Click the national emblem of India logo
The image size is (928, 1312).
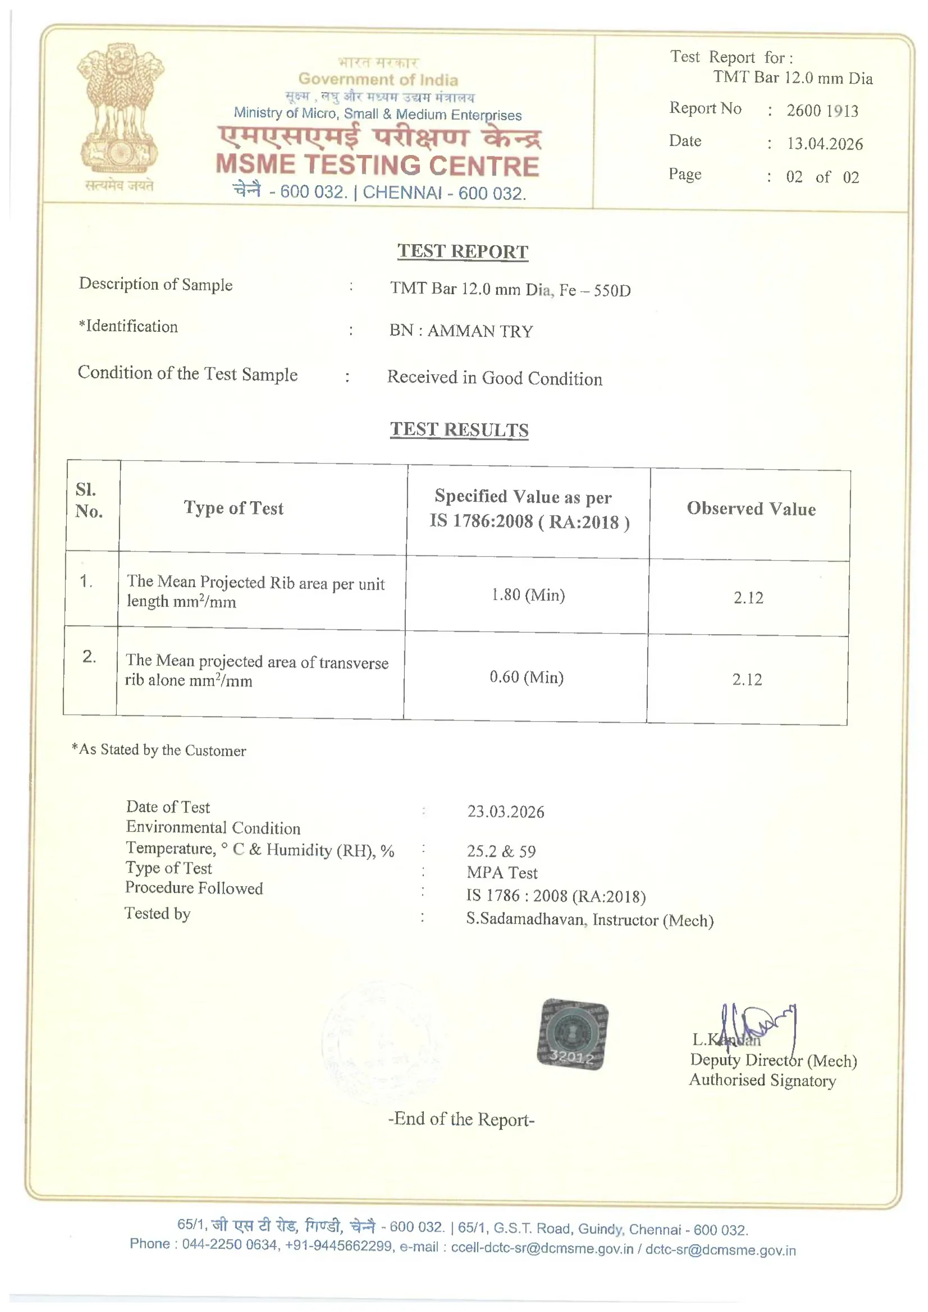coord(120,108)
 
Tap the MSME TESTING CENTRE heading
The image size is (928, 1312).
coord(377,166)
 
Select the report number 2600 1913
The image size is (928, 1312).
coord(822,111)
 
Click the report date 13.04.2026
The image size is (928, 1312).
coord(825,144)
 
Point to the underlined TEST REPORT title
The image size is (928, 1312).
coord(463,251)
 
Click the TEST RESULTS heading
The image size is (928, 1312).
coord(459,430)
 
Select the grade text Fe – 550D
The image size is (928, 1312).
coord(595,290)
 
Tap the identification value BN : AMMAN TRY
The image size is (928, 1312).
coord(461,331)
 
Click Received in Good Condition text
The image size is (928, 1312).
coord(495,378)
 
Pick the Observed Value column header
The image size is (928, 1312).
coord(751,508)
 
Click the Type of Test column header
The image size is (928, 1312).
coord(234,507)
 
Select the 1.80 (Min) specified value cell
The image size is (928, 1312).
coord(528,595)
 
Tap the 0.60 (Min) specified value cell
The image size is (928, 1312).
coord(526,677)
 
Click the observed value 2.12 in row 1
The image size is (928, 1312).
coord(748,598)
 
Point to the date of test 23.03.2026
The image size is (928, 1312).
coord(505,811)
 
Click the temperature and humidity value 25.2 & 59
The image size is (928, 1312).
coord(501,851)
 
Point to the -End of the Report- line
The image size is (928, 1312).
coord(461,1119)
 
